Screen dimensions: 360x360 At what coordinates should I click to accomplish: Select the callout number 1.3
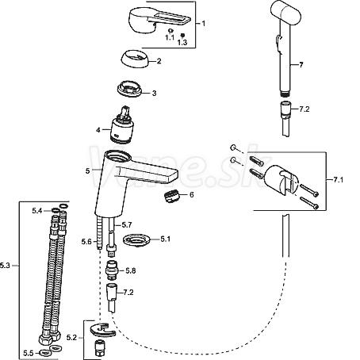(182, 42)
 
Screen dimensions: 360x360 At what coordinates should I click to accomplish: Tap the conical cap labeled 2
(136, 59)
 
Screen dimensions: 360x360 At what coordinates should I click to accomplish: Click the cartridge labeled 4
(121, 125)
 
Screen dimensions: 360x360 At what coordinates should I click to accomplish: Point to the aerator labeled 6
(172, 196)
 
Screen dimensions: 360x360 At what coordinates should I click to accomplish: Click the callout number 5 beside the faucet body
(88, 170)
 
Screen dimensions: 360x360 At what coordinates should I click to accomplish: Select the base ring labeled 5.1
(136, 241)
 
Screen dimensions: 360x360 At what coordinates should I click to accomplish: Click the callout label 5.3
(5, 266)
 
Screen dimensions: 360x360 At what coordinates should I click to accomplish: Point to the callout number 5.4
(37, 211)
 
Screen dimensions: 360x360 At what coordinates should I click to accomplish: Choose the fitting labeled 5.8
(112, 270)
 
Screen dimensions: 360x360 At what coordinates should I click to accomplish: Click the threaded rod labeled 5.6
(99, 232)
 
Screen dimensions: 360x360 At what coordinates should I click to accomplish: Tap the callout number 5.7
(127, 225)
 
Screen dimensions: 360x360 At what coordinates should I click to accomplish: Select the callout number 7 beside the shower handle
(301, 65)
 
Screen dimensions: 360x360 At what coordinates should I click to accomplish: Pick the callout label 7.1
(338, 180)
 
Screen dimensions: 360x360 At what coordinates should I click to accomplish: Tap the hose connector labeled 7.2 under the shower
(285, 109)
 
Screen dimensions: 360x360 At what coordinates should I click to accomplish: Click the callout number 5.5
(29, 353)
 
